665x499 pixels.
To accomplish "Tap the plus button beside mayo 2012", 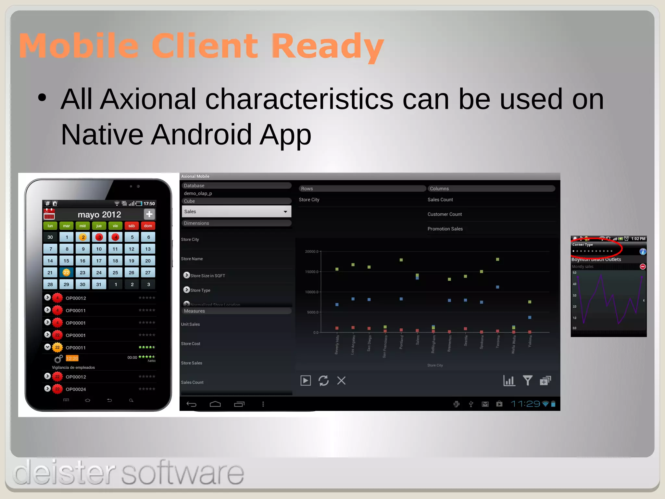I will pyautogui.click(x=149, y=214).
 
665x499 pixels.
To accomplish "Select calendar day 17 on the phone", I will pyautogui.click(x=99, y=261).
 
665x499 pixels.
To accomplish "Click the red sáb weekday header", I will pyautogui.click(x=132, y=226).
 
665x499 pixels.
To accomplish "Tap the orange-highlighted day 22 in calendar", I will pyautogui.click(x=66, y=273).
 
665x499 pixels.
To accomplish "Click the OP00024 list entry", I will pyautogui.click(x=76, y=389).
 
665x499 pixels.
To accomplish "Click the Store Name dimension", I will pyautogui.click(x=192, y=259).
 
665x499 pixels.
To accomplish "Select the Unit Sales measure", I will pyautogui.click(x=190, y=324).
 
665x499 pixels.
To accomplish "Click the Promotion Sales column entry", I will pyautogui.click(x=445, y=229).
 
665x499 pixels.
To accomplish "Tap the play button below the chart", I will pyautogui.click(x=306, y=380).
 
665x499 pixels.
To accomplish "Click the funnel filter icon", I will pyautogui.click(x=527, y=380).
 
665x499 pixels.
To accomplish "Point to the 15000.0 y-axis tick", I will pyautogui.click(x=312, y=272).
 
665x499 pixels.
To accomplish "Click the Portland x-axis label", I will pyautogui.click(x=401, y=342).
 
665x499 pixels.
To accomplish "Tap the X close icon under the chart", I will pyautogui.click(x=341, y=380).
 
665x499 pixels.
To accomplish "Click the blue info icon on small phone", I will pyautogui.click(x=642, y=251).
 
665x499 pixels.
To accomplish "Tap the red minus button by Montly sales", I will pyautogui.click(x=642, y=266).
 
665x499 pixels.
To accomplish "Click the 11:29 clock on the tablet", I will pyautogui.click(x=525, y=404).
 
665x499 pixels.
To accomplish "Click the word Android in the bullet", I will pyautogui.click(x=201, y=134).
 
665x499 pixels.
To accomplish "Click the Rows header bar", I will pyautogui.click(x=362, y=188).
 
